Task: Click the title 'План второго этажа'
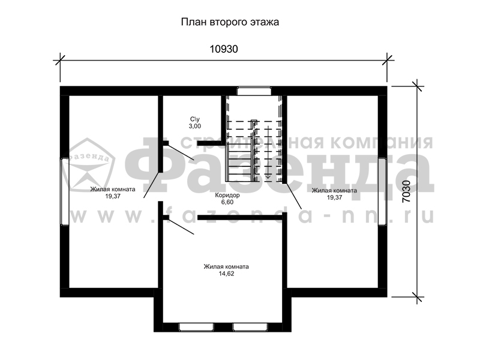click(x=230, y=23)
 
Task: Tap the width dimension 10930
click(x=223, y=49)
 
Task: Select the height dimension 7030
click(x=406, y=191)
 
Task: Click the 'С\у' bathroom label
click(x=195, y=119)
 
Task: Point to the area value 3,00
click(x=195, y=126)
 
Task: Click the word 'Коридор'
click(x=227, y=195)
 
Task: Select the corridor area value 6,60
click(x=227, y=202)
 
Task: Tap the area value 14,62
click(x=226, y=274)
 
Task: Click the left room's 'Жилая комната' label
click(x=113, y=189)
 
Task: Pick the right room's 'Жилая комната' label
click(x=334, y=191)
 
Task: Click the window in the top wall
click(x=254, y=91)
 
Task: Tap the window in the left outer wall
click(x=65, y=191)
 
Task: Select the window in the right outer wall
click(x=383, y=191)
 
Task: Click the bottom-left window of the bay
click(x=196, y=327)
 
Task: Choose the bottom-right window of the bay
click(x=250, y=327)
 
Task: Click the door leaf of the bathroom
click(x=181, y=152)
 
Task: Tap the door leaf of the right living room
click(x=293, y=196)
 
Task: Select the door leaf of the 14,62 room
click(x=181, y=227)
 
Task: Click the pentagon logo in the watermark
click(x=88, y=164)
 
